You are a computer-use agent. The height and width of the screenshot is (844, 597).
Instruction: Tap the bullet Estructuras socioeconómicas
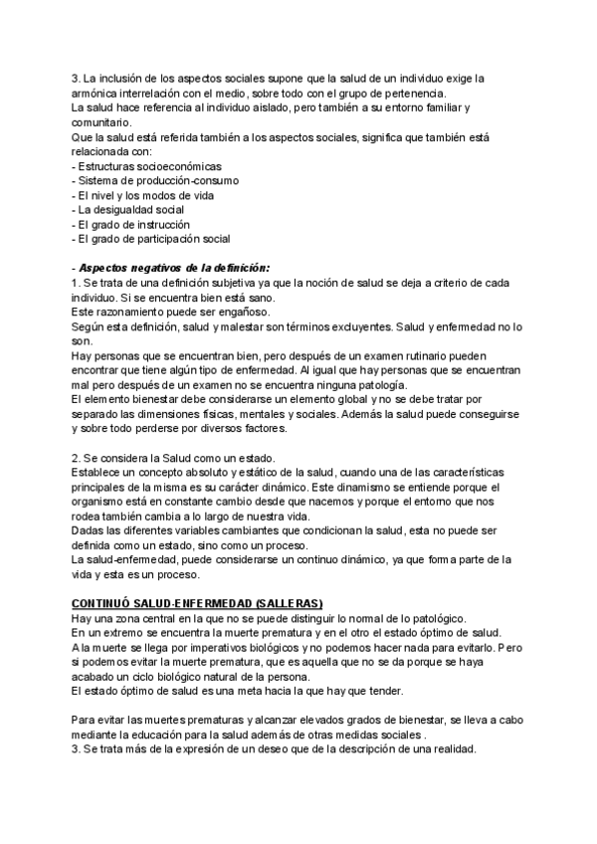tap(150, 165)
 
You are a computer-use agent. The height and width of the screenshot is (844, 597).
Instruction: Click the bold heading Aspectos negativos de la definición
tap(174, 268)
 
